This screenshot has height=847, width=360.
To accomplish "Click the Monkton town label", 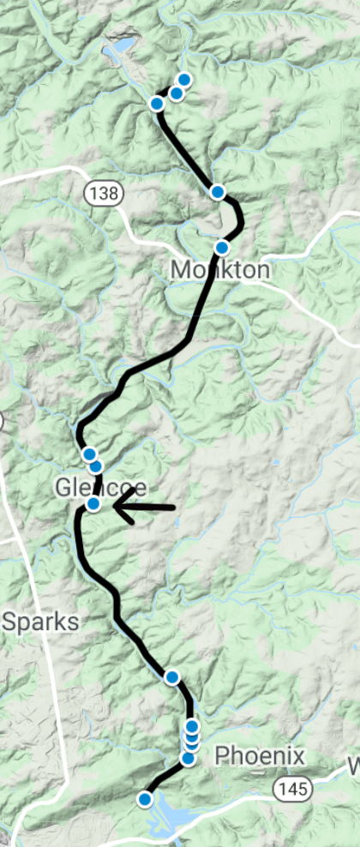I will tap(220, 270).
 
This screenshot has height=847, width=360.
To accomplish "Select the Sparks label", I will tap(39, 622).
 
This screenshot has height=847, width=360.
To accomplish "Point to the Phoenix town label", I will tap(259, 756).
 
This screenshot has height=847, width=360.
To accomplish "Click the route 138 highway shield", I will tap(102, 192).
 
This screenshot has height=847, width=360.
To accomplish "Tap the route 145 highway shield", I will tap(285, 787).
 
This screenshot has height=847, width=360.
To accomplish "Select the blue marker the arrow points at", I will tap(94, 504).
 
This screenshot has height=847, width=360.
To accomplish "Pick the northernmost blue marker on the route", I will tap(183, 80).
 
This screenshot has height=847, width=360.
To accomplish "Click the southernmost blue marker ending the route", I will tap(145, 799).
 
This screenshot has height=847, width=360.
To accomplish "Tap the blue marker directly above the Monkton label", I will tap(221, 248).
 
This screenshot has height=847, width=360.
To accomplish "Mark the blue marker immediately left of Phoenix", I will tap(188, 758).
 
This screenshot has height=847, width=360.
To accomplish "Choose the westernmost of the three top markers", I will tap(157, 104).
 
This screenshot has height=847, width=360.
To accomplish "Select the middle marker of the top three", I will tap(176, 93).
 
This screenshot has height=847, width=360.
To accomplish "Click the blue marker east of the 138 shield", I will tap(218, 192).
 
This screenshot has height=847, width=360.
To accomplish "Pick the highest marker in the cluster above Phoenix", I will tap(192, 726).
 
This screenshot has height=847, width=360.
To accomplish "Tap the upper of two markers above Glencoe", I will tap(89, 454).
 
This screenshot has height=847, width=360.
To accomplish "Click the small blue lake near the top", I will tap(120, 48).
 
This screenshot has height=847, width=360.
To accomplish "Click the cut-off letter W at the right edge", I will tap(354, 765).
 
